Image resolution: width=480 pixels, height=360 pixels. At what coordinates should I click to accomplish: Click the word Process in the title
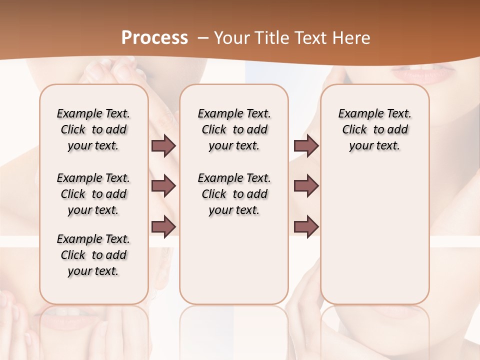click(x=154, y=38)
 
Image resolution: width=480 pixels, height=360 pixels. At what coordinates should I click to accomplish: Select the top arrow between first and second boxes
click(x=163, y=146)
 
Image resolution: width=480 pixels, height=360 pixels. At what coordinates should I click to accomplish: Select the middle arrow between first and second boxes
click(x=163, y=186)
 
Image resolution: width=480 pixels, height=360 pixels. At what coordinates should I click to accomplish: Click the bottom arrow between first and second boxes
click(x=163, y=226)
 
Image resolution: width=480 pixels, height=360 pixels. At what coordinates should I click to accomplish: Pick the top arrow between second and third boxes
click(x=306, y=146)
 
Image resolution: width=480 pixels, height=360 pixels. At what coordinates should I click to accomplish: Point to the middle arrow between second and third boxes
click(x=306, y=186)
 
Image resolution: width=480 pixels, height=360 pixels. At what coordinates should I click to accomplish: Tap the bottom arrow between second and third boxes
click(x=306, y=226)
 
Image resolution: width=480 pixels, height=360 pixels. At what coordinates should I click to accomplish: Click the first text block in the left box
click(x=93, y=129)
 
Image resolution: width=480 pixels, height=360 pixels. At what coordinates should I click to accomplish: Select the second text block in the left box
click(x=93, y=194)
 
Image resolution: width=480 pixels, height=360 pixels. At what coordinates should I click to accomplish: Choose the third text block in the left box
click(x=93, y=255)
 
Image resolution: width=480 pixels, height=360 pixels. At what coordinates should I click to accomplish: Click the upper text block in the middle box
click(x=234, y=129)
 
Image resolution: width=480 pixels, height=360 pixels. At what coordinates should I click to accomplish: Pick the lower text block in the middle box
click(x=234, y=194)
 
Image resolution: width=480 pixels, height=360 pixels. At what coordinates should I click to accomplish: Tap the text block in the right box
click(x=375, y=129)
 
